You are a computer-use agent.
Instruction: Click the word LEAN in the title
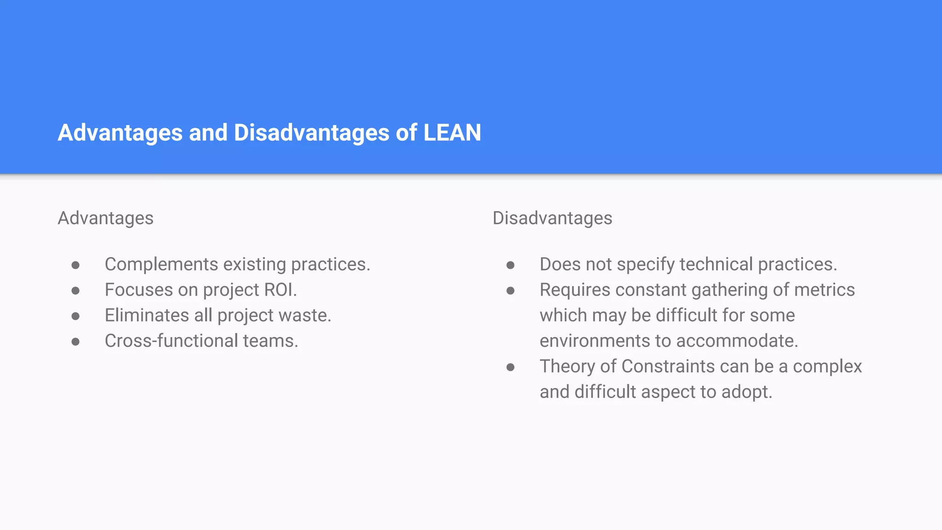(x=452, y=132)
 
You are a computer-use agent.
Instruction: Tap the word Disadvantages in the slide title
(x=312, y=132)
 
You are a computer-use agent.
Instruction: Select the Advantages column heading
(x=105, y=218)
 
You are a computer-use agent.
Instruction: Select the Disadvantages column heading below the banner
(x=552, y=218)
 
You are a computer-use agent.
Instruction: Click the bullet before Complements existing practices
(x=76, y=265)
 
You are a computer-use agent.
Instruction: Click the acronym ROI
(x=279, y=290)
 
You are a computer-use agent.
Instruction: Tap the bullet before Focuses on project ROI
(x=76, y=290)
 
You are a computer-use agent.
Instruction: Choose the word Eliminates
(x=147, y=316)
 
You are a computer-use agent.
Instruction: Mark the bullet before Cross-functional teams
(x=76, y=341)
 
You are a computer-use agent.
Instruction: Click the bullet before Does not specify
(x=511, y=265)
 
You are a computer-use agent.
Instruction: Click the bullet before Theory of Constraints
(x=511, y=367)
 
